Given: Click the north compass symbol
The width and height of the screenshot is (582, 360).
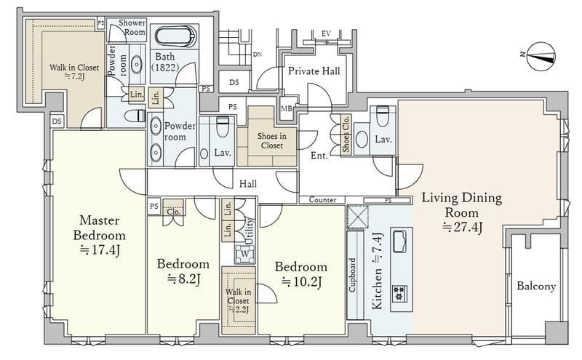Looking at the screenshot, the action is [x=541, y=57].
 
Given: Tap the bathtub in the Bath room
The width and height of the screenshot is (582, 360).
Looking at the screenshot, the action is [x=175, y=36].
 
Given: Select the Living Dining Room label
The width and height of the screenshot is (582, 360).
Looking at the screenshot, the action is [x=462, y=204].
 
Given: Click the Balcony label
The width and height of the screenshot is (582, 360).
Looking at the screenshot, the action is [x=536, y=286].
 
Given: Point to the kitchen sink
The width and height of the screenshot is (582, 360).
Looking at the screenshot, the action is [x=399, y=241].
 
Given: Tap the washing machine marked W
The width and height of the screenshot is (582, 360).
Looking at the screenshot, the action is [x=244, y=255].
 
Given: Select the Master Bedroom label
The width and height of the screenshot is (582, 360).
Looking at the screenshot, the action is [x=99, y=228].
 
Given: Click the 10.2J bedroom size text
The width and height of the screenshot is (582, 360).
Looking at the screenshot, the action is [x=301, y=281].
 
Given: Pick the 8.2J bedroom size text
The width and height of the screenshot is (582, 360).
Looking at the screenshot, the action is [x=183, y=279].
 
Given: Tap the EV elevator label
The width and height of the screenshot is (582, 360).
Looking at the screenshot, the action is [x=326, y=33].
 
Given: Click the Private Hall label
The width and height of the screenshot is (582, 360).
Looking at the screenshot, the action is [x=314, y=71].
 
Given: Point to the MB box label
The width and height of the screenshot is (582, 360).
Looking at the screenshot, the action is [x=286, y=109].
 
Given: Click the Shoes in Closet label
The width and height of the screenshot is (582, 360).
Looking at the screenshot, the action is [x=271, y=141].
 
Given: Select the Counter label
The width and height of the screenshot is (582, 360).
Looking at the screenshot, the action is [x=322, y=200].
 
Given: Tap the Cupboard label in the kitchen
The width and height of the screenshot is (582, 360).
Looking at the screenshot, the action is [x=352, y=275].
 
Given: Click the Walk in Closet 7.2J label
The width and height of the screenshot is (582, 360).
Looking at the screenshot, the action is [x=74, y=72].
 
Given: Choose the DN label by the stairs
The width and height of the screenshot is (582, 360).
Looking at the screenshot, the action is [x=258, y=55].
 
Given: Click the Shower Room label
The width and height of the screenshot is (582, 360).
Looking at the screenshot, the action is [x=132, y=27].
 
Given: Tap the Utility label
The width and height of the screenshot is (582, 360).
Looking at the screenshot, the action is [x=250, y=231].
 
